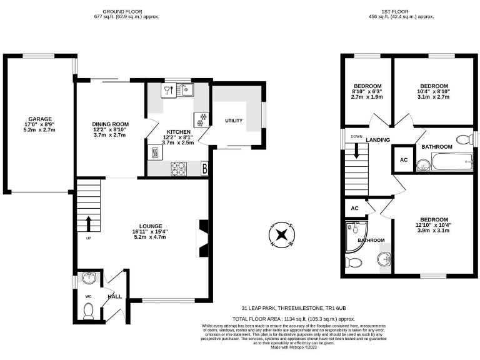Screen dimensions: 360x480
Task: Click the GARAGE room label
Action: tap(39, 119)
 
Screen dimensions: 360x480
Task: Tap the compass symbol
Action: tap(281, 235)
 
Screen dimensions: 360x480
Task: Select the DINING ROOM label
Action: tap(110, 124)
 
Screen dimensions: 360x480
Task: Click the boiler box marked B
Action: tap(204, 168)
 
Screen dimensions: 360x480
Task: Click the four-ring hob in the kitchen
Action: tap(178, 167)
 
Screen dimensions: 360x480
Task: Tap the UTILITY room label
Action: tap(234, 121)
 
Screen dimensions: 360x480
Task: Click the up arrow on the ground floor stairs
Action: tap(88, 222)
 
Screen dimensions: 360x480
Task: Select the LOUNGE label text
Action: tap(151, 226)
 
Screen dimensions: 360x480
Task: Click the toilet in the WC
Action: tap(88, 309)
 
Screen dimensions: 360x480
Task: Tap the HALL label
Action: tap(114, 297)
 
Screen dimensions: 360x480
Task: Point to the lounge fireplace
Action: tap(201, 237)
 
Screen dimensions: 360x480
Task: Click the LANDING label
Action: tap(378, 140)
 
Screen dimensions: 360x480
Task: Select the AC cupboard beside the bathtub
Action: tap(402, 160)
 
